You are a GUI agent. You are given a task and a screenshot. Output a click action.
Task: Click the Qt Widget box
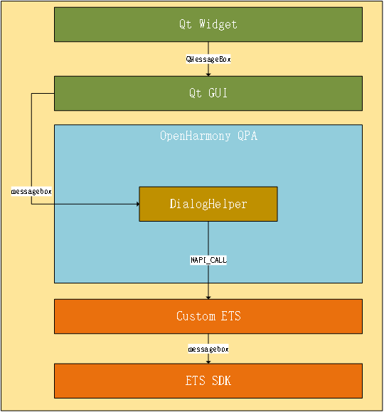(x=208, y=24)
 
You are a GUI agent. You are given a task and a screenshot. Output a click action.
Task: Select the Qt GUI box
(x=208, y=93)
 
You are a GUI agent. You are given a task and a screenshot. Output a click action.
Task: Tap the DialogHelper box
(x=208, y=204)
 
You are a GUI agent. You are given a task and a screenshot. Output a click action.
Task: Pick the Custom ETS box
(x=208, y=316)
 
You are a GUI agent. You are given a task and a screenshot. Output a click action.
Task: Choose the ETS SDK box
(x=208, y=381)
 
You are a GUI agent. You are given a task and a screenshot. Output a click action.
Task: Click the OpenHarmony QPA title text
(x=208, y=136)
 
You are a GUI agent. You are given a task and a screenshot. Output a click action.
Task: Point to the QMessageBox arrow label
(x=208, y=59)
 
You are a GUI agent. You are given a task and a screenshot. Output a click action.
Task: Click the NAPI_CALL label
(x=208, y=260)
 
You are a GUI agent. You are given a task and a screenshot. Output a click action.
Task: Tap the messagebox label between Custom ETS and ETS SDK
(x=208, y=349)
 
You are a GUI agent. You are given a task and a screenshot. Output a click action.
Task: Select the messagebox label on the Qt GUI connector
(x=31, y=192)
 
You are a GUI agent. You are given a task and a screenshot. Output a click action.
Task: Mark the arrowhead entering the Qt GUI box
(x=208, y=73)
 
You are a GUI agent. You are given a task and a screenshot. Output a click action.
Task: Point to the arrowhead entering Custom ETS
(x=208, y=296)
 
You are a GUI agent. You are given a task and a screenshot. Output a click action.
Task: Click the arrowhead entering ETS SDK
(x=208, y=361)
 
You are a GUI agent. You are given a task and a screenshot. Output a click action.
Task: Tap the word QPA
(x=245, y=136)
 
